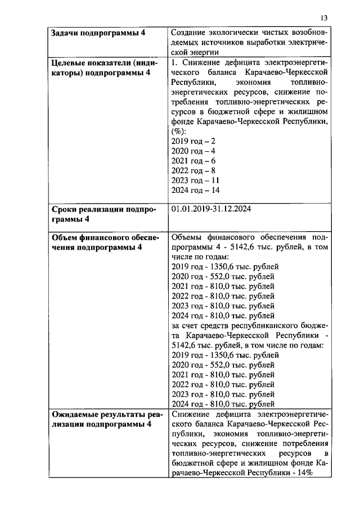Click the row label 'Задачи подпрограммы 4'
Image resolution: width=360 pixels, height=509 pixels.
pyautogui.click(x=98, y=33)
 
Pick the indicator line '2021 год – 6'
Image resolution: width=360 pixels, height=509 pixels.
pyautogui.click(x=192, y=160)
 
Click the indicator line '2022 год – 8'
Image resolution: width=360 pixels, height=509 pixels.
pyautogui.click(x=192, y=170)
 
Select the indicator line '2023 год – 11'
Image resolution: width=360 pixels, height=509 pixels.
pyautogui.click(x=195, y=181)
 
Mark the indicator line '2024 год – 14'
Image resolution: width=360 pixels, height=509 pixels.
pyautogui.click(x=195, y=191)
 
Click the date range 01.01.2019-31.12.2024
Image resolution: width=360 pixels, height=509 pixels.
pyautogui.click(x=210, y=209)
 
